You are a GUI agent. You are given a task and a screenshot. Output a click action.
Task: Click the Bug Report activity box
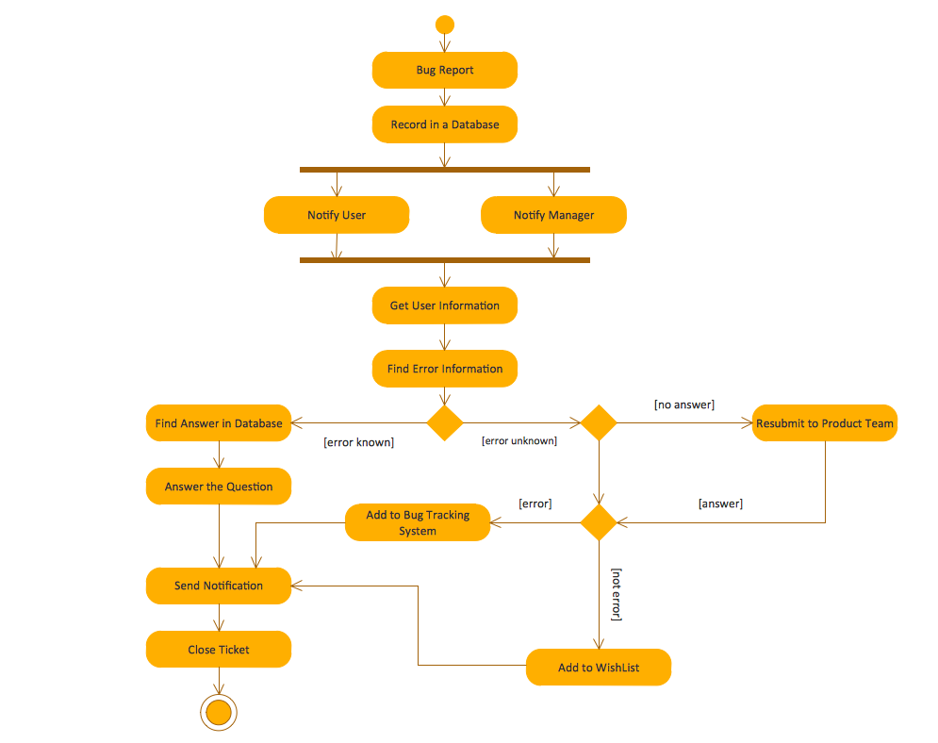point(445,70)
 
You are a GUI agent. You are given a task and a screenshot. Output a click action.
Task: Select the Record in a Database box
point(445,124)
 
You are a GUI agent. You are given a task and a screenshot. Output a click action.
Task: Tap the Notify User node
point(337,215)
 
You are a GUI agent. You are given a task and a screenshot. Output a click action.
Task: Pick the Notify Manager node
point(553,215)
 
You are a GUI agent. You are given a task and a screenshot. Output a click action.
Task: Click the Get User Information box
point(445,305)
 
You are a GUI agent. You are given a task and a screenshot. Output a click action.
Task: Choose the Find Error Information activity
point(445,369)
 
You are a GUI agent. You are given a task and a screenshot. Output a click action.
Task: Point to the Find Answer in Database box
point(219,423)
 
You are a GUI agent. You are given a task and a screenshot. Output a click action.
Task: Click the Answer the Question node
point(219,487)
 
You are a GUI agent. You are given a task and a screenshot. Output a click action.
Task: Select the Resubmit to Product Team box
point(825,423)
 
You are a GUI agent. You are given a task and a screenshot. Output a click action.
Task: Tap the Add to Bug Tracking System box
point(418,522)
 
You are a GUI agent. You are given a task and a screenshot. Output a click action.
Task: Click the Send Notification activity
point(219,586)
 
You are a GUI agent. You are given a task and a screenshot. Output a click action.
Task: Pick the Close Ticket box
point(219,650)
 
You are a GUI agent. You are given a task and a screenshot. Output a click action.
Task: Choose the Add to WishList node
point(599,668)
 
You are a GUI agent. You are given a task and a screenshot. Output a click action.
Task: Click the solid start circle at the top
point(445,25)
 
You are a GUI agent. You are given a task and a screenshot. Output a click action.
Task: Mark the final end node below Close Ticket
point(219,713)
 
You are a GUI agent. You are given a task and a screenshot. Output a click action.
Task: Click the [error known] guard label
point(358,441)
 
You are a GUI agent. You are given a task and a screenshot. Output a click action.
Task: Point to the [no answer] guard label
point(684,405)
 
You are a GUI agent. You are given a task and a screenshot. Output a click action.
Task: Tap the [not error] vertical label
point(617,594)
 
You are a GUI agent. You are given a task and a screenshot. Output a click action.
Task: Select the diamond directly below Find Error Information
point(445,422)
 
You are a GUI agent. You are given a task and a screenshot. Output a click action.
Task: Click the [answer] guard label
point(720,504)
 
